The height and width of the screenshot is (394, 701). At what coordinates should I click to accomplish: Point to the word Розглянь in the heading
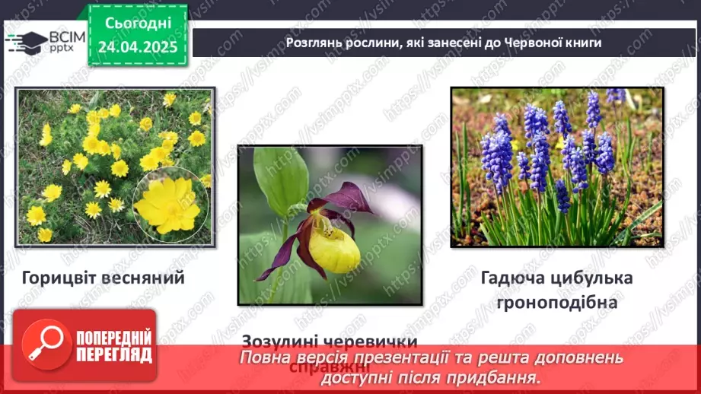coord(312,43)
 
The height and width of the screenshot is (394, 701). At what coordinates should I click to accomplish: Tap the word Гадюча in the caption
coord(511,278)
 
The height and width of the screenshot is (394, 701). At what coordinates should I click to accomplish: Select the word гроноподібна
coord(556,302)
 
